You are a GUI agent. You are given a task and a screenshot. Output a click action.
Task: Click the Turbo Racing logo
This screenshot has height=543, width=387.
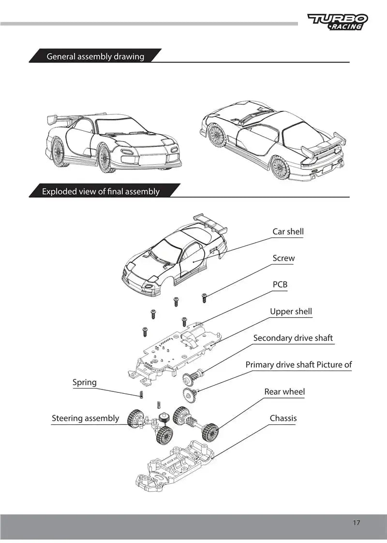[338, 22]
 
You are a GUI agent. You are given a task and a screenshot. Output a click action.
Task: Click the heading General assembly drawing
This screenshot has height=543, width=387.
[95, 56]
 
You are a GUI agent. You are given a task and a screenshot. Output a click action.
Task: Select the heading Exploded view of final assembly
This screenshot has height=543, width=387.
[101, 191]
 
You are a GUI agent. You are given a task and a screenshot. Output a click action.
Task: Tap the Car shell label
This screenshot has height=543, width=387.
[288, 232]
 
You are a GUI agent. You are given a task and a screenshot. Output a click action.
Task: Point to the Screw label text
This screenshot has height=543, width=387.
[283, 258]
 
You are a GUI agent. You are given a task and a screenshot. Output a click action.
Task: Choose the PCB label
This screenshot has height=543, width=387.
[280, 284]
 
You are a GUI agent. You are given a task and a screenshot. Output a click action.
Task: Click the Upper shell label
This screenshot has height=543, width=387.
[291, 311]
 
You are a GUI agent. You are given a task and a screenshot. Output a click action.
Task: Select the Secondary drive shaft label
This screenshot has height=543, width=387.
[293, 338]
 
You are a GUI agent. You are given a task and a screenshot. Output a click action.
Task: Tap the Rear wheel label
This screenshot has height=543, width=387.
[284, 391]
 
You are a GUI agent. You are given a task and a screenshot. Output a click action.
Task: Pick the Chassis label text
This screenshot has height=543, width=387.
[283, 418]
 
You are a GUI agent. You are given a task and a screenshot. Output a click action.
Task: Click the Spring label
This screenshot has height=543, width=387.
[85, 382]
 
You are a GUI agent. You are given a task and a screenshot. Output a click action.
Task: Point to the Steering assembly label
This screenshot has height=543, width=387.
[85, 418]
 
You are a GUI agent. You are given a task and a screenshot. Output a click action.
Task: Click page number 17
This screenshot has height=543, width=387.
[356, 523]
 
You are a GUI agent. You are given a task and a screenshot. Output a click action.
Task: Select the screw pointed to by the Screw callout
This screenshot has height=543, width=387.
[204, 297]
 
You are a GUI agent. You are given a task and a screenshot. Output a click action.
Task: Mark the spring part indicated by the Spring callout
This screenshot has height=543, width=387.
[141, 394]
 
